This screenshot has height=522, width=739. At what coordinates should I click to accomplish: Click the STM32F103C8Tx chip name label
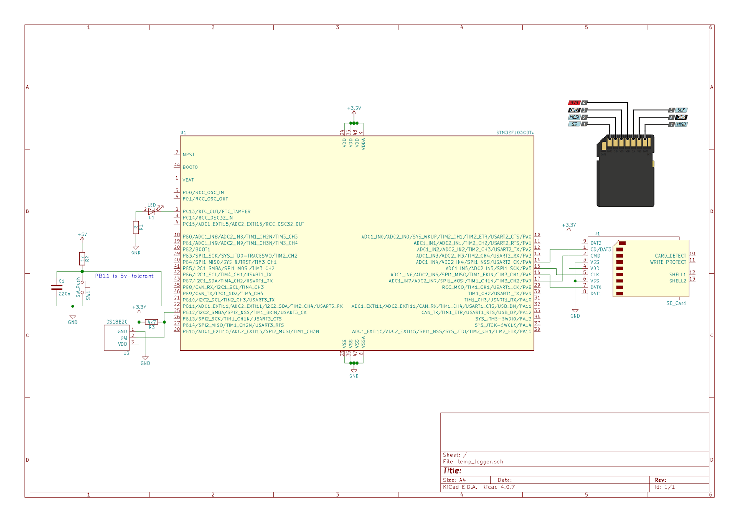515,132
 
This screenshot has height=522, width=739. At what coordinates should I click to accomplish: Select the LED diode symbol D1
151,211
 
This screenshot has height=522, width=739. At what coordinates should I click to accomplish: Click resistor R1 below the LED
136,227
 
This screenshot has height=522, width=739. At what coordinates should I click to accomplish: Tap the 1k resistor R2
82,258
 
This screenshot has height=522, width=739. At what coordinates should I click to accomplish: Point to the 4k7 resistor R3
151,322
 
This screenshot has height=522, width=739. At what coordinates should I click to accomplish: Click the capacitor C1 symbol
57,287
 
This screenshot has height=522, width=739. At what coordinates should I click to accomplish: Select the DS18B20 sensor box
117,338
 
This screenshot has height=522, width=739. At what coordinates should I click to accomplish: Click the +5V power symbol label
82,234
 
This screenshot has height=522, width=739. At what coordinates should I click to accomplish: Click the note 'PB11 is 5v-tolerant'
124,276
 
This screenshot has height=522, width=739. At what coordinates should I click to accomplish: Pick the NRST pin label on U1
188,155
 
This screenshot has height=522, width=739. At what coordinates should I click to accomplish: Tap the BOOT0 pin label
190,168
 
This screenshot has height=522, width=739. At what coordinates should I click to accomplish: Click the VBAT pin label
188,180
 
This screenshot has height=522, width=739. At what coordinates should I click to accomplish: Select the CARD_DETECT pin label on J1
670,256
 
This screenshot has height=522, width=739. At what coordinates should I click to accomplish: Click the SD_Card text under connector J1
676,303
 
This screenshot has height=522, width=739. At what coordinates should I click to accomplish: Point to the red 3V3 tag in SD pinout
574,103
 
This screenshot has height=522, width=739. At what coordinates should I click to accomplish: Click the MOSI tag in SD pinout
574,117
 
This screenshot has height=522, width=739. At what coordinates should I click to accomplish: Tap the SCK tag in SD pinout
681,110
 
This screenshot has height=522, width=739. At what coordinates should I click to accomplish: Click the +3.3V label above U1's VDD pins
354,108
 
